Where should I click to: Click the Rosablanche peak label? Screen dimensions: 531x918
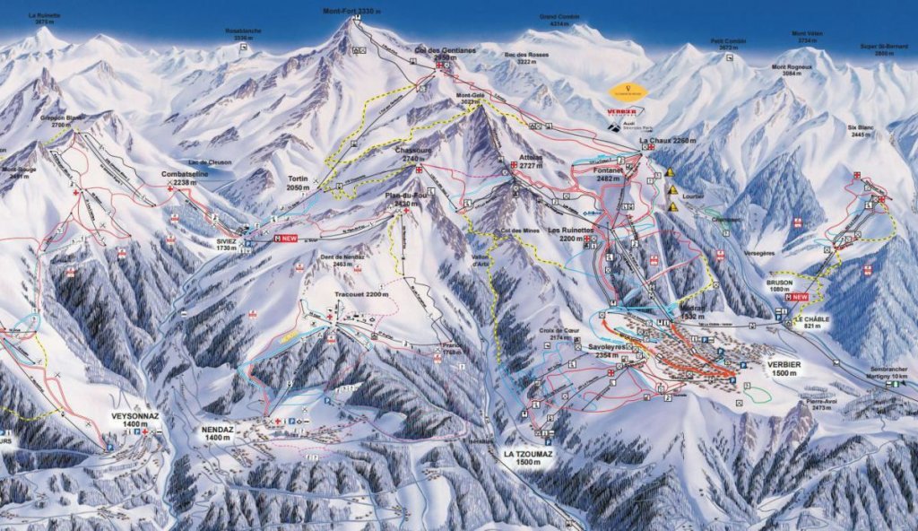pyautogui.click(x=244, y=34)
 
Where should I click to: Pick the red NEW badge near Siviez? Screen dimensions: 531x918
pyautogui.click(x=288, y=239)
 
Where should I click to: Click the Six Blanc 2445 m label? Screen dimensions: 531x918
pyautogui.click(x=860, y=131)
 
